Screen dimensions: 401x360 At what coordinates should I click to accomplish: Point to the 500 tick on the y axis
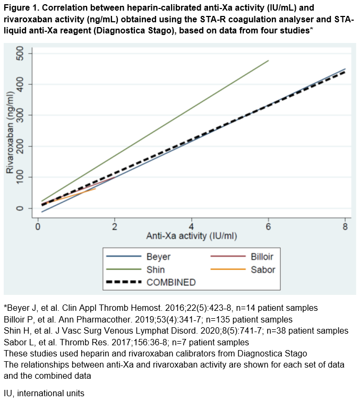click(x=21, y=54)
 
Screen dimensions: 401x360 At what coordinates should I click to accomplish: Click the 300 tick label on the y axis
click(x=21, y=115)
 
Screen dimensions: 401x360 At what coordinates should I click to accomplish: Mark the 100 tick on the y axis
click(x=21, y=177)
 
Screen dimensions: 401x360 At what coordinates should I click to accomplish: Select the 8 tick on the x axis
click(x=345, y=226)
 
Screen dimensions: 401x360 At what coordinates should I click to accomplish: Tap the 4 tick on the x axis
click(x=192, y=226)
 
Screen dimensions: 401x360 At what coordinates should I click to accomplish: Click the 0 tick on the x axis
click(x=38, y=226)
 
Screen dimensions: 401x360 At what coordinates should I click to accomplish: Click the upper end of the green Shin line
click(x=268, y=60)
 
